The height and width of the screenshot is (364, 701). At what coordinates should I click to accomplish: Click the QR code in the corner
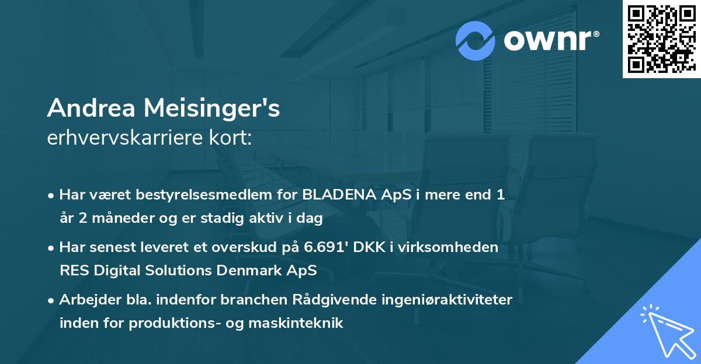coord(661,38)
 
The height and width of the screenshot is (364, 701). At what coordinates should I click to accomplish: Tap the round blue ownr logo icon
coord(476,40)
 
